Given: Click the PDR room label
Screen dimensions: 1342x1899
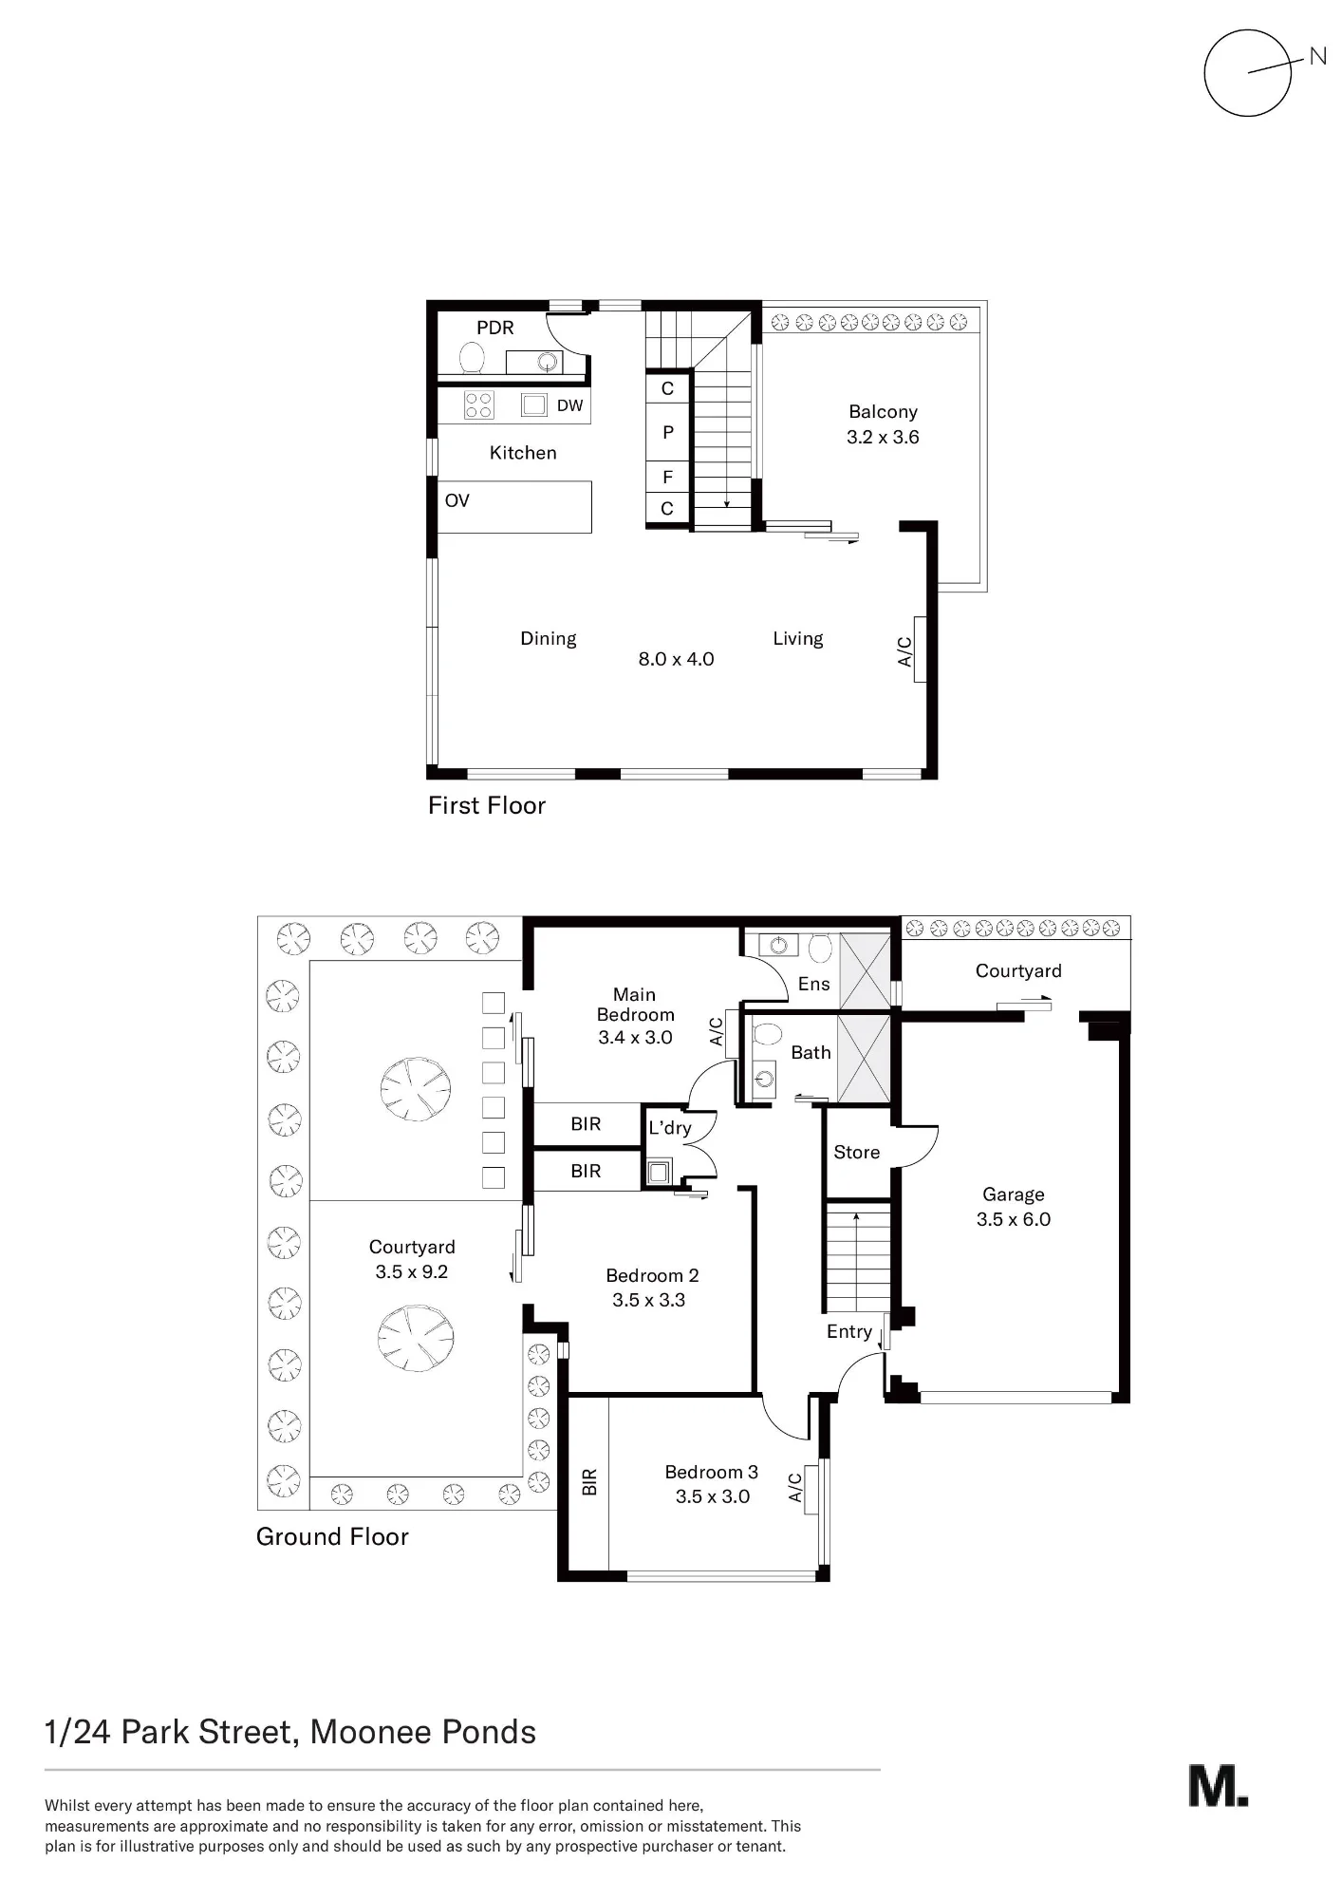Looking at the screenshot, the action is pos(494,328).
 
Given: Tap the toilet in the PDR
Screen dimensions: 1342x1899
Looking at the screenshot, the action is pos(472,357).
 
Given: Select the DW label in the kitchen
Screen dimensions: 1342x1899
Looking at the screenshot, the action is pos(569,405).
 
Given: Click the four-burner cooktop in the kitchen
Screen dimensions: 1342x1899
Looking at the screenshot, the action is pos(478,405).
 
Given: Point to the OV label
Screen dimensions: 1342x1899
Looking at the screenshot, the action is pos(457,500).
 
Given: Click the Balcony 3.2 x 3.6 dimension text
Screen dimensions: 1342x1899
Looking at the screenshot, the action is pos(883,437).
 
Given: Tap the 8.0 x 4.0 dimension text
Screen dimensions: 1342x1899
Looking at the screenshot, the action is pos(676,659).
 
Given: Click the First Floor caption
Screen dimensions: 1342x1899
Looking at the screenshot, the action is pos(487,805).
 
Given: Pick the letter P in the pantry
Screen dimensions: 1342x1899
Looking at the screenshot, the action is pos(668,432).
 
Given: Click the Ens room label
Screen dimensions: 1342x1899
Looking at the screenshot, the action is pos(814,984).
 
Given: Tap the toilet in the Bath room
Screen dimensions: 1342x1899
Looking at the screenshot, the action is pos(766,1033).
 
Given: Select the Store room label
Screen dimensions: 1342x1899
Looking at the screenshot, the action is pos(857,1152).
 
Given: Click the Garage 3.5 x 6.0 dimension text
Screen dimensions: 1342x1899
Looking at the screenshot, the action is pos(1014,1219).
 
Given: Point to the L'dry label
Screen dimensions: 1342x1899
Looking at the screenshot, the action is pos(670,1127).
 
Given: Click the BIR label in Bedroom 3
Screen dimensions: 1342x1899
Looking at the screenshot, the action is pos(589,1481).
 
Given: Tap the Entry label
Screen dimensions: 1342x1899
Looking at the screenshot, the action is pos(849,1331).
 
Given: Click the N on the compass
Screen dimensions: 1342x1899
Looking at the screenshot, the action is pos(1317,56).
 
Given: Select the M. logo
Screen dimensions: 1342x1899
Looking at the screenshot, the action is pos(1219,1786).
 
